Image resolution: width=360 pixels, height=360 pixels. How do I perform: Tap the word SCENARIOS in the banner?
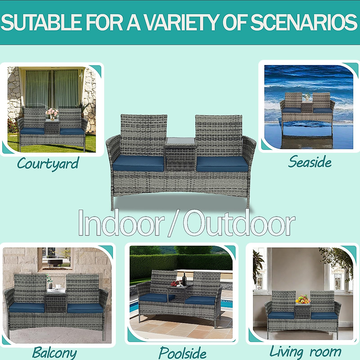[x=304, y=22]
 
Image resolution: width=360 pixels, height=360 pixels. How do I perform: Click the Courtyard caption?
[x=48, y=164]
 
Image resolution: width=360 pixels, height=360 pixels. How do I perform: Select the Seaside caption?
[x=310, y=162]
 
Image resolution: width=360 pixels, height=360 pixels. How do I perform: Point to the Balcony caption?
[x=54, y=353]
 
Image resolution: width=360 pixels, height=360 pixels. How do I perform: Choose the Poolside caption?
[x=182, y=353]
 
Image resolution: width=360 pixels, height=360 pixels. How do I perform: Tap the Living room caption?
[x=305, y=352]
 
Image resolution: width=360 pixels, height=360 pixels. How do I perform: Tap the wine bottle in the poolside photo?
[x=184, y=279]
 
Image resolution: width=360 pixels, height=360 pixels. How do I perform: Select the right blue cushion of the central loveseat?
[x=222, y=164]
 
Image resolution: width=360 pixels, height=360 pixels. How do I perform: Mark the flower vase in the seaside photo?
[x=307, y=97]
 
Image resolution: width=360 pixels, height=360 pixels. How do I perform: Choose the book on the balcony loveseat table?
[x=56, y=290]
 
